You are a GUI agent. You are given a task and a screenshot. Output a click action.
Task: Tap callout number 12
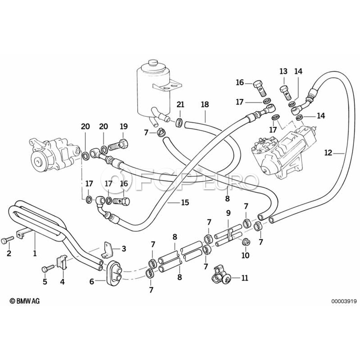pos(328,152)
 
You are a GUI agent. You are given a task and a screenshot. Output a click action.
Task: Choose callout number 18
pos(205,105)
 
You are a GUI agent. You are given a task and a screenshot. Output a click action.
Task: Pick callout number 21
pos(180,105)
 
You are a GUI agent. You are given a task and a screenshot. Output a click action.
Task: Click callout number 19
pos(123,126)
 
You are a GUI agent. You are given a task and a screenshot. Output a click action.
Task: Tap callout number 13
pos(283,71)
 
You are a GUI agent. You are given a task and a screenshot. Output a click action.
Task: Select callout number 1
pos(35,253)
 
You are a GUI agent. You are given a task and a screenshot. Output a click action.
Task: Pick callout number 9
pos(228,213)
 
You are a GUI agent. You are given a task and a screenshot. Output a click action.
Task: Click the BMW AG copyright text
pos(25,301)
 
